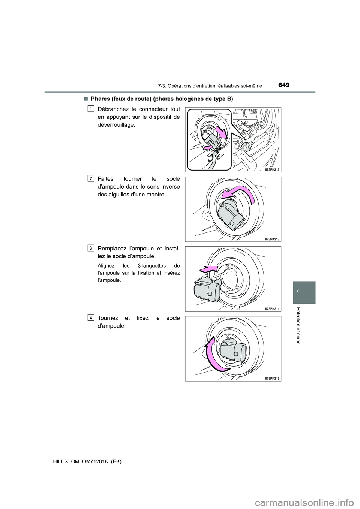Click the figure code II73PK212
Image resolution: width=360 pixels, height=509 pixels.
(x=272, y=169)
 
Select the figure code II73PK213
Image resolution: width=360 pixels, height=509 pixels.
(x=272, y=239)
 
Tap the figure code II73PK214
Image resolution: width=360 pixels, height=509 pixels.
(x=272, y=308)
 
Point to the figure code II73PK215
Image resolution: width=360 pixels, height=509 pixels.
(x=272, y=378)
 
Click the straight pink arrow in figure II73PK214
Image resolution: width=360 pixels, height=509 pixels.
(x=208, y=268)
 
